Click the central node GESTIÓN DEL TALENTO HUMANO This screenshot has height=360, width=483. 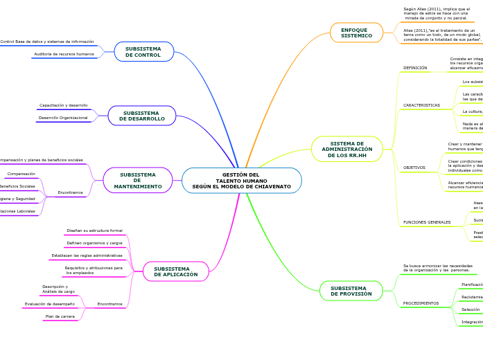[241, 181]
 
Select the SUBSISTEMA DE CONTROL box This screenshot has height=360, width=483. [143, 52]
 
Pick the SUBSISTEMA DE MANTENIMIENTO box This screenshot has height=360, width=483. [137, 180]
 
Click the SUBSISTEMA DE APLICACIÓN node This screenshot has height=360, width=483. [175, 271]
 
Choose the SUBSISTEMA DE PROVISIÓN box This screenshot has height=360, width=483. [351, 291]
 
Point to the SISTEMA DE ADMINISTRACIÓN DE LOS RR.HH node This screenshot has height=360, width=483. [346, 149]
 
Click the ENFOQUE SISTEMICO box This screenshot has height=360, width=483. [356, 33]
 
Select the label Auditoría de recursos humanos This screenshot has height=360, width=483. [64, 54]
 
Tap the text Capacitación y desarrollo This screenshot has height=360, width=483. [64, 105]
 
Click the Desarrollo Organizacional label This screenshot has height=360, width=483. [63, 118]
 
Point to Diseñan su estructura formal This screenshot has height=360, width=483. [94, 231]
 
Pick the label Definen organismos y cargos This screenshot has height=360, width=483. [94, 243]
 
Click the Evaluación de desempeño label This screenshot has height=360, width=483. [50, 304]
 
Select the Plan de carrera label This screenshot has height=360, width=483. [60, 316]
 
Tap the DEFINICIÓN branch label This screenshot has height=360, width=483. [415, 68]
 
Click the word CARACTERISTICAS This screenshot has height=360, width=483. [421, 105]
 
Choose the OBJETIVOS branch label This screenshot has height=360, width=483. [414, 168]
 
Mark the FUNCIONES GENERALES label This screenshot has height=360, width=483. [427, 222]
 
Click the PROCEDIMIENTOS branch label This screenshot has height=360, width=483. [421, 303]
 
